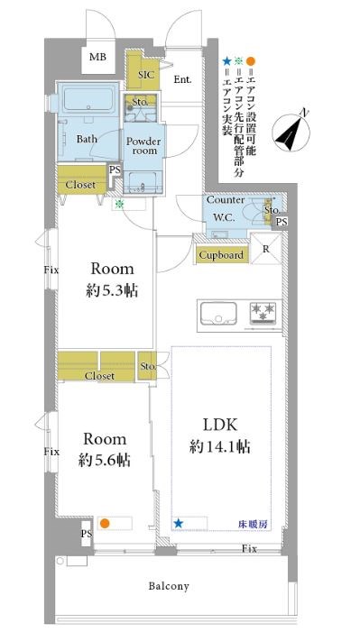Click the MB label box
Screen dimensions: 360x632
97,57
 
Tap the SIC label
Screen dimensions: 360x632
146,75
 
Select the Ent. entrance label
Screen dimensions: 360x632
182,79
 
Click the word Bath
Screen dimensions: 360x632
87,139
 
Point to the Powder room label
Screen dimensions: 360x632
143,146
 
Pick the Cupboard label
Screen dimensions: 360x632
222,255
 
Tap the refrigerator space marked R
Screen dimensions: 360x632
265,249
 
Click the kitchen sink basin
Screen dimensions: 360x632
218,313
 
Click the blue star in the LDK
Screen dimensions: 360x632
178,524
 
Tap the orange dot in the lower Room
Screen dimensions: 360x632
105,524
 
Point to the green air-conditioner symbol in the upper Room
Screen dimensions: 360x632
119,204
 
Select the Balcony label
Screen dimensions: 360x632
169,586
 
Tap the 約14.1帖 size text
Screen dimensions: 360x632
220,446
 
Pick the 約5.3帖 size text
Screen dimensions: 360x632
112,290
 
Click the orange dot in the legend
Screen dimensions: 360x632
251,61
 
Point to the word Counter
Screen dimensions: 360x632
226,200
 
